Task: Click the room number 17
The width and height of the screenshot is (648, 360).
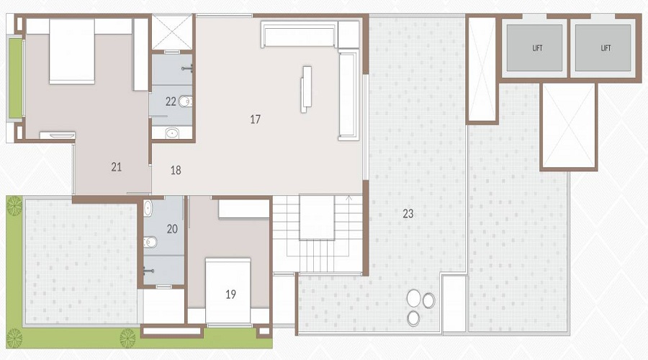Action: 255,120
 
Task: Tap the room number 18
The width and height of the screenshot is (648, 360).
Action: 176,171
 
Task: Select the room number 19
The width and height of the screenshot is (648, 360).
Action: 230,294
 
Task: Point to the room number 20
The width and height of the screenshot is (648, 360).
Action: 172,229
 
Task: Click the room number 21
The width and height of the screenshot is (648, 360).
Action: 117,167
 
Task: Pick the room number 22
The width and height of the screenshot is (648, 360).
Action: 171,102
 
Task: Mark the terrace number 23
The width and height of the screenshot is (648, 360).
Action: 408,213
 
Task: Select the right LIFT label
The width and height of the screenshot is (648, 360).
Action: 605,48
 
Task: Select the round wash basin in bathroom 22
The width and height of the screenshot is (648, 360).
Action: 173,132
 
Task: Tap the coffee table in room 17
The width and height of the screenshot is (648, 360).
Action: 307,88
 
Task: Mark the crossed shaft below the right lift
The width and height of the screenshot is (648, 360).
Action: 569,126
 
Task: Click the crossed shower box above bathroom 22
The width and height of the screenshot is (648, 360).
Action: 172,32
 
